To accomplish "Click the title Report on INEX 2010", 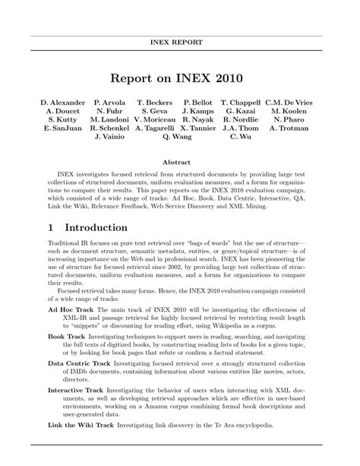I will click(x=180, y=78).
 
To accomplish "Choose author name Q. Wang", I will click(x=177, y=138).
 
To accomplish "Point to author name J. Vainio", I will click(x=110, y=138).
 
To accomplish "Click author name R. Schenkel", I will click(x=110, y=128).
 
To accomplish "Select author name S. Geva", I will click(x=154, y=111).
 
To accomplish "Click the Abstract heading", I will click(x=180, y=162).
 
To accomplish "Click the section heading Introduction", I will click(x=96, y=227).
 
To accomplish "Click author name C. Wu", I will click(x=240, y=138).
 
